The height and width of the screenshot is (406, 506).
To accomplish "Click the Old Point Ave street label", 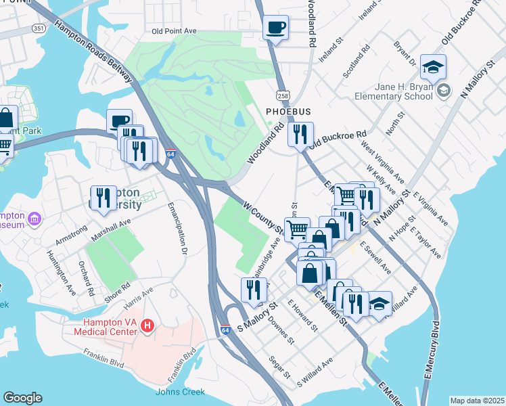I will [x=174, y=31].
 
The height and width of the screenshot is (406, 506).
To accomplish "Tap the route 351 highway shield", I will [x=40, y=28].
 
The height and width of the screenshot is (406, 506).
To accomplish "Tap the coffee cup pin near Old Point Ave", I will [x=275, y=28].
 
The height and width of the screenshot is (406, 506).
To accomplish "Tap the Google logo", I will [x=22, y=398].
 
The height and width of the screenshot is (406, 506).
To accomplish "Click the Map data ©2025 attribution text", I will [x=476, y=401].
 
